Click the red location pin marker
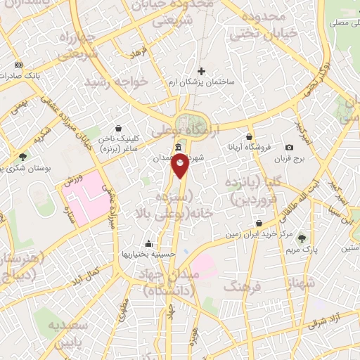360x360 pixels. (180, 166)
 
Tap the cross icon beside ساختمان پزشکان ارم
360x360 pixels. (202, 71)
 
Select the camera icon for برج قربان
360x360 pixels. (290, 147)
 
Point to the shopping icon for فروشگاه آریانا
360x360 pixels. (249, 136)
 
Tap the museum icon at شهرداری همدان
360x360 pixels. (177, 148)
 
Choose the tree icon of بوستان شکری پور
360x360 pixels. (22, 157)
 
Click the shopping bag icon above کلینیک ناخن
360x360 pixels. (117, 129)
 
